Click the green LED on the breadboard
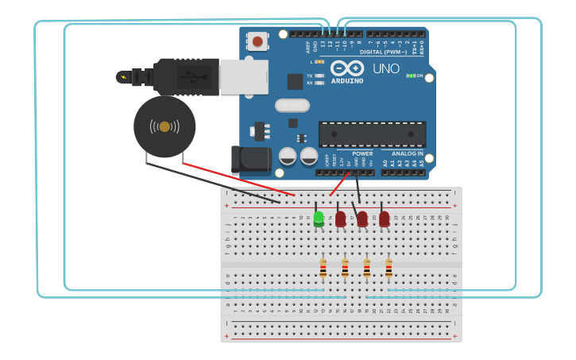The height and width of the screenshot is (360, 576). (319, 218)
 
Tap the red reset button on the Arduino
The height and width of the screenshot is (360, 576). (257, 41)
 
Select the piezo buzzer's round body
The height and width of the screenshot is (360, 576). (164, 126)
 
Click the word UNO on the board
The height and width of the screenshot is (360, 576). (386, 69)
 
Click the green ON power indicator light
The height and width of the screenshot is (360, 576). (410, 75)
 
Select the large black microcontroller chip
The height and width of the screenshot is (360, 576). (372, 134)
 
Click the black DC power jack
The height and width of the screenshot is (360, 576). (251, 159)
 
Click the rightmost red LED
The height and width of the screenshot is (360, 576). (385, 218)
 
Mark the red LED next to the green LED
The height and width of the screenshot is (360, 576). (341, 218)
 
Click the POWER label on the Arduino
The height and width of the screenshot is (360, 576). (362, 153)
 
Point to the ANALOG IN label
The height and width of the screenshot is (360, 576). (407, 153)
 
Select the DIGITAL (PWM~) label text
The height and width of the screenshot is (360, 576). (383, 52)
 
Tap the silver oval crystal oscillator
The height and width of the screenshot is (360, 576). (292, 105)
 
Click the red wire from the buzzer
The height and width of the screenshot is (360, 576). (238, 180)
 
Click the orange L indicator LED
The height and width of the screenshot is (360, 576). (319, 61)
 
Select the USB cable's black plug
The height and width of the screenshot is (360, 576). (187, 77)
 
